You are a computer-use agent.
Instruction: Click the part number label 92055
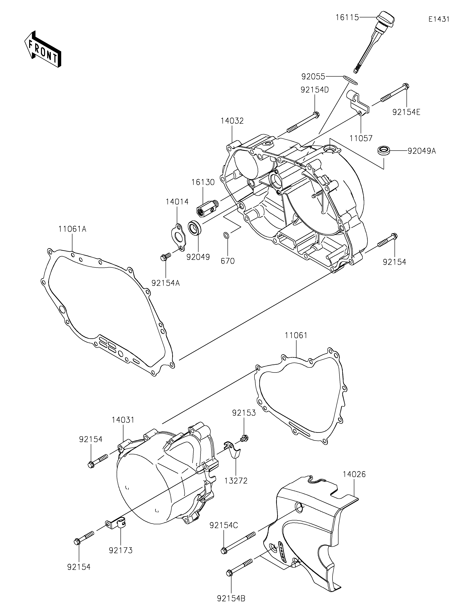click(313, 76)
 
